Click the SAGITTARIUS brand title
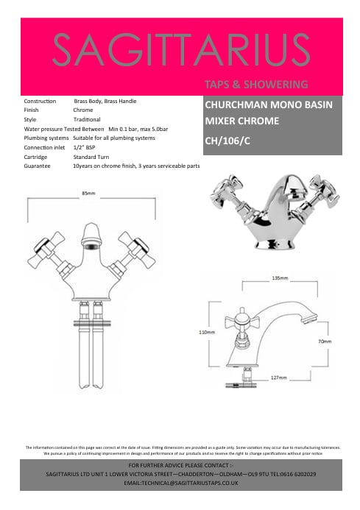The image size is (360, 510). point(180,50)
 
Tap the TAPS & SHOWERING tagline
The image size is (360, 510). point(255,84)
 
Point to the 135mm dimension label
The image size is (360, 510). point(279,279)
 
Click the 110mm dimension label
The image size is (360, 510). point(207,332)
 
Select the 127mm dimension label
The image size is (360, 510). point(278,378)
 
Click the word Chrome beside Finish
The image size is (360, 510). point(82,110)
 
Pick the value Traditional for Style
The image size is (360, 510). point(87,118)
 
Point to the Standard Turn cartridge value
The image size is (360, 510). point(91,157)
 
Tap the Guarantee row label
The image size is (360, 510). point(38,166)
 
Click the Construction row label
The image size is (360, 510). point(40,100)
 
